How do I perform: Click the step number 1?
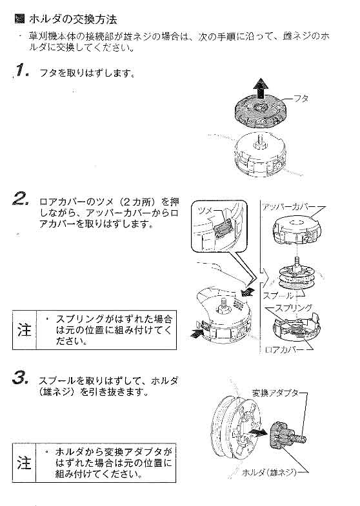pyautogui.click(x=19, y=71)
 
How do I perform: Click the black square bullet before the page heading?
pyautogui.click(x=19, y=19)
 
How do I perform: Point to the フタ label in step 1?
pyautogui.click(x=301, y=98)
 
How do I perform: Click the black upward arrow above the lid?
pyautogui.click(x=261, y=84)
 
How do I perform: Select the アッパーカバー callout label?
pyautogui.click(x=288, y=206)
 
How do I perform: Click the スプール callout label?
pyautogui.click(x=274, y=295)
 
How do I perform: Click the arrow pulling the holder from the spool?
pyautogui.click(x=257, y=433)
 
